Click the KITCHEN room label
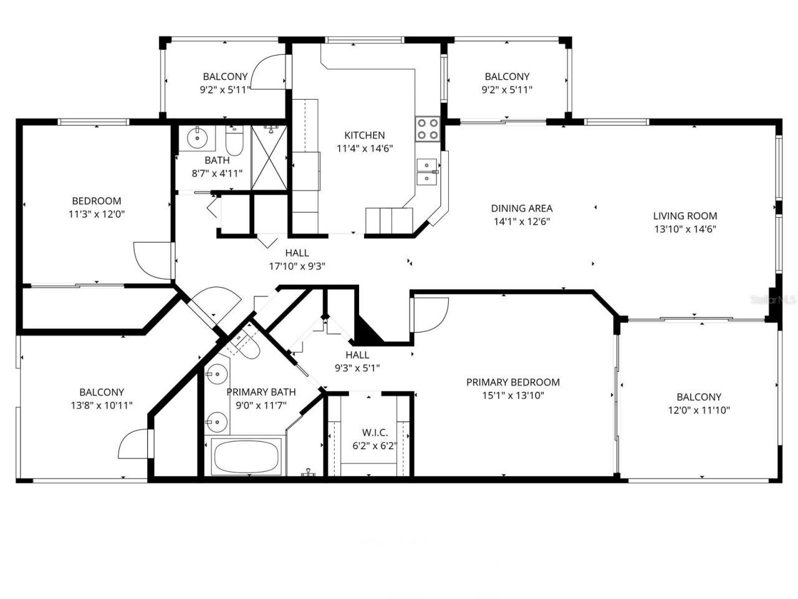tap(365, 135)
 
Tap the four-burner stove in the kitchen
tap(428, 129)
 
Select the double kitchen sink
tap(426, 172)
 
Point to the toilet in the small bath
tap(234, 143)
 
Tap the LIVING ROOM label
tap(685, 216)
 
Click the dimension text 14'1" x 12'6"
tap(521, 221)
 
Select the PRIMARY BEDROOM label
tap(512, 382)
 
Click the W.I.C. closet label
tap(375, 432)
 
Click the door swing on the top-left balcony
tap(272, 72)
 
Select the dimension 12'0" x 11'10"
tap(699, 410)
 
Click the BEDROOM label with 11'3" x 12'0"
tap(97, 201)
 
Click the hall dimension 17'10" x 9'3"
tap(297, 266)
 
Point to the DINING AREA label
tap(521, 208)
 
